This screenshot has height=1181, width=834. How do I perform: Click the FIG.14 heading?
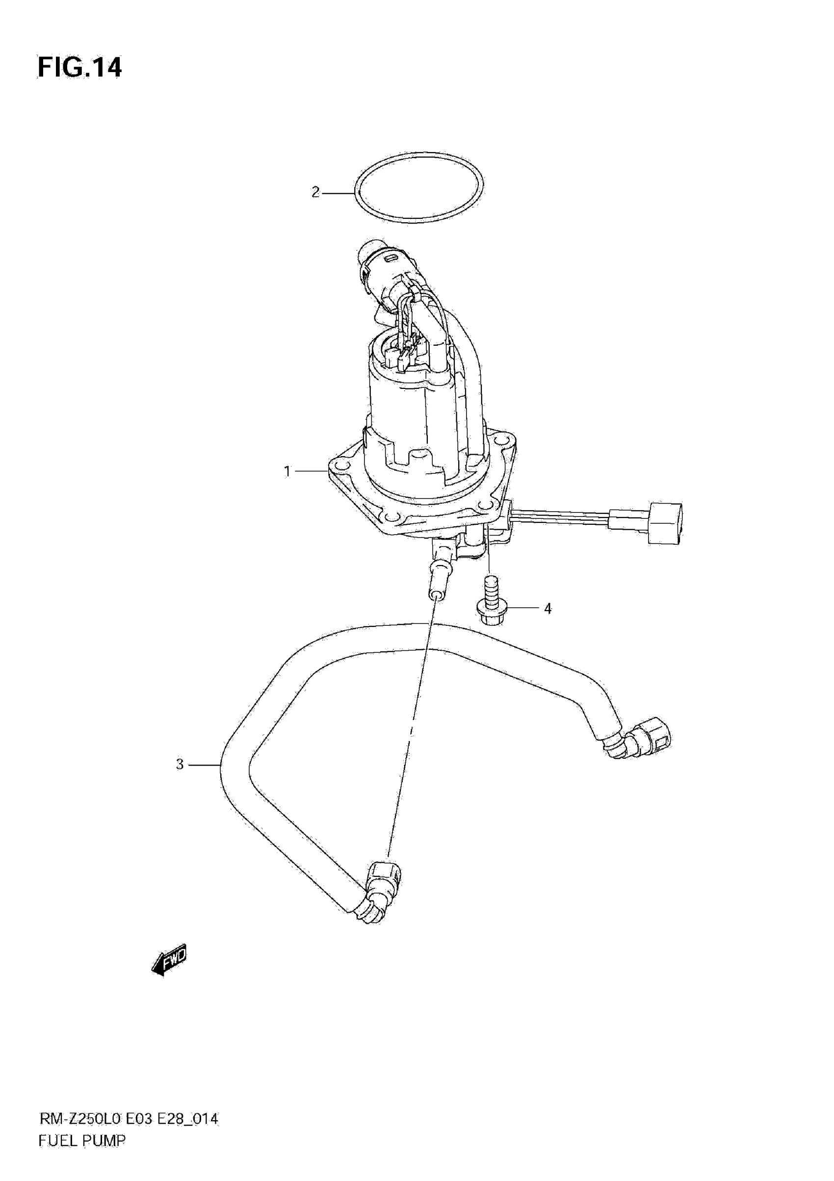tap(80, 67)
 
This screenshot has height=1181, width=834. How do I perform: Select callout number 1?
tap(287, 471)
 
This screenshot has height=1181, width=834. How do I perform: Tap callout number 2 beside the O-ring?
tap(315, 192)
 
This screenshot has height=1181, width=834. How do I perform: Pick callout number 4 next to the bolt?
tap(547, 609)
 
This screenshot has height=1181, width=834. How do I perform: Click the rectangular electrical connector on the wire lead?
tap(665, 523)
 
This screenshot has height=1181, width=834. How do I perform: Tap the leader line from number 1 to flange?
tap(310, 471)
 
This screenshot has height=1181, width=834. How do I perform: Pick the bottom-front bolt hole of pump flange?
tap(393, 516)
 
